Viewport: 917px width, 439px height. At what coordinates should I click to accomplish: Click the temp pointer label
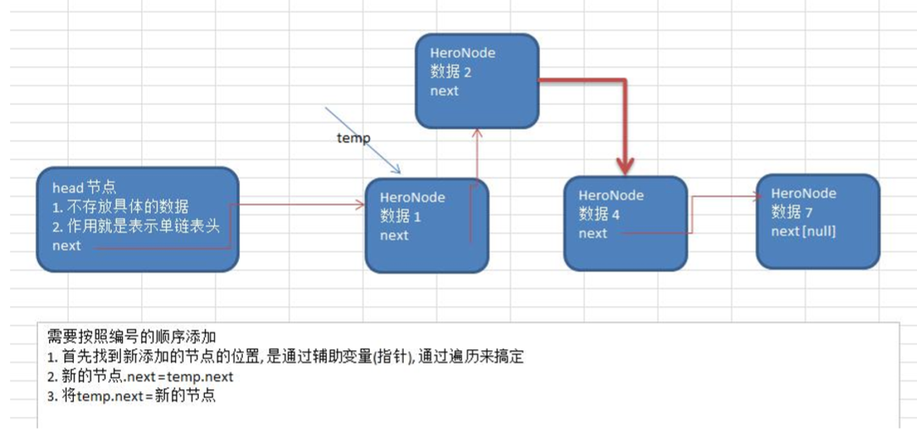353,138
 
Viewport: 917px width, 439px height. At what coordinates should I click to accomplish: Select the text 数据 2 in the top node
450,72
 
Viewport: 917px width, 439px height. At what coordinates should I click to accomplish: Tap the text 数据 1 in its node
400,216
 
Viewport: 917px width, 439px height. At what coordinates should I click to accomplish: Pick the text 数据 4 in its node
599,214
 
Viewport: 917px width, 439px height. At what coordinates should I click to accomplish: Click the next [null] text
804,231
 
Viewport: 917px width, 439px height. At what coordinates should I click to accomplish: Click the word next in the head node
67,246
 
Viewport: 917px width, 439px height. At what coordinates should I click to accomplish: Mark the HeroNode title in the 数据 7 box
804,193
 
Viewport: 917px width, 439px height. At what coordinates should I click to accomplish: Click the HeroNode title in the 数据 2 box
462,53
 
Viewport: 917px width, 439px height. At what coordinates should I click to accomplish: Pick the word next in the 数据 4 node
593,233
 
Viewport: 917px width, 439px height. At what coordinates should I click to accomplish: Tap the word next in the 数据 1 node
395,235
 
